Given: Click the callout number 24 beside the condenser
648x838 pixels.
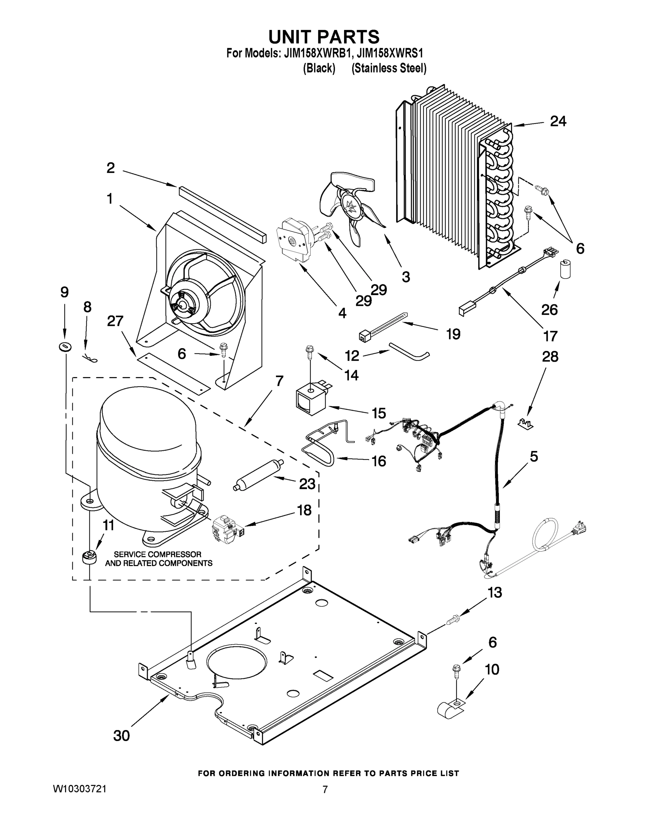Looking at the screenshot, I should tap(558, 121).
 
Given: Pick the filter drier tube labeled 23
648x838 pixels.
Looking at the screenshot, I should tap(259, 474).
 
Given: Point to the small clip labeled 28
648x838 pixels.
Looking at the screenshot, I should tap(526, 424).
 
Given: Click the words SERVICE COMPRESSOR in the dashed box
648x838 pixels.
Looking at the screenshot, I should tap(158, 554).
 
